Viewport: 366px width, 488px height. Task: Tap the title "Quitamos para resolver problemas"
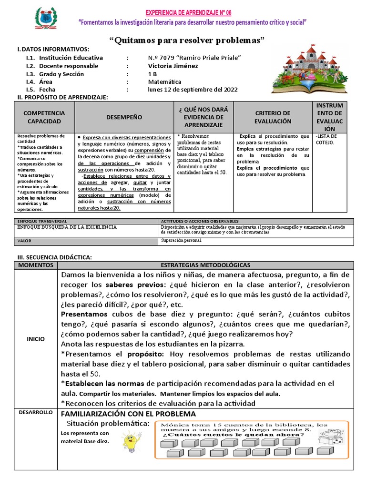coord(187,40)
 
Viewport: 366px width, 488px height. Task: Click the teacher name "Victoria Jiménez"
coord(173,66)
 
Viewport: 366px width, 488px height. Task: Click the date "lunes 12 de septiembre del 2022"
coord(193,90)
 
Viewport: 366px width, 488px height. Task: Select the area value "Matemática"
coord(165,82)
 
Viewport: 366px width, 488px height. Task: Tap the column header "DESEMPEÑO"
coord(124,116)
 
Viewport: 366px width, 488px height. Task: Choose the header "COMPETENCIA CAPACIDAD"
coord(44,117)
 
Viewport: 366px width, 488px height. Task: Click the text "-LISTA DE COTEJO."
coord(327,139)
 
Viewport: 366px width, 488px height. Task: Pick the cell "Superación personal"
coord(181,241)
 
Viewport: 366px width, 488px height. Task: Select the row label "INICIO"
coord(36,339)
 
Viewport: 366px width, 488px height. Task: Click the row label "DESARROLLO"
coord(36,412)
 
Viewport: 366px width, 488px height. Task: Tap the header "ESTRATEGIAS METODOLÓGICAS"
coord(205,265)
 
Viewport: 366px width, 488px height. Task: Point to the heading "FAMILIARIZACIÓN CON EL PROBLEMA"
coord(128,413)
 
